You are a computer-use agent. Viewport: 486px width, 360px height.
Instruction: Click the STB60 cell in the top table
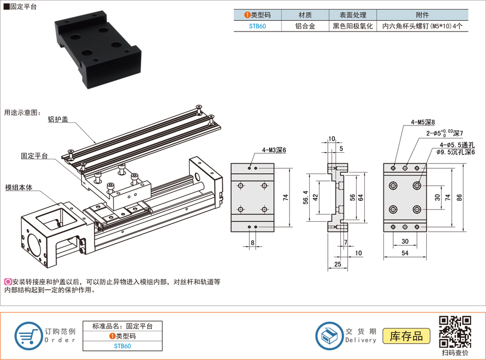tap(257, 26)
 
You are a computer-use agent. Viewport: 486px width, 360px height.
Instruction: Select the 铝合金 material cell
tap(305, 26)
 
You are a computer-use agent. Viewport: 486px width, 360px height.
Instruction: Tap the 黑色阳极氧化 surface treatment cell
tap(352, 26)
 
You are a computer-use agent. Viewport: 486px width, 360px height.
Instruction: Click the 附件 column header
tap(422, 15)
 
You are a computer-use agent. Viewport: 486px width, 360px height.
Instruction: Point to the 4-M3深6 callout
tap(274, 150)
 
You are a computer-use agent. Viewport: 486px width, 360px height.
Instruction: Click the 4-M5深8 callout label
tap(423, 122)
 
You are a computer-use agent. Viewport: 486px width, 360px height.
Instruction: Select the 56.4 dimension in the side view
tap(306, 198)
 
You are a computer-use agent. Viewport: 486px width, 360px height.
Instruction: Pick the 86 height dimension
tap(459, 198)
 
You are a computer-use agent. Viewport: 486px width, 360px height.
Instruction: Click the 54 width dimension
tap(405, 253)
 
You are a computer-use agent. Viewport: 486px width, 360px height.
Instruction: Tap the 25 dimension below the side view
tap(338, 264)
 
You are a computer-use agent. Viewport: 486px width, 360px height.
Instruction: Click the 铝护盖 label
tap(58, 120)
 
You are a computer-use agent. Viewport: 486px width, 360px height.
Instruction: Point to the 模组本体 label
tap(19, 187)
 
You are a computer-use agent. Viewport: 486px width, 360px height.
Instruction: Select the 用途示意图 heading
tap(22, 113)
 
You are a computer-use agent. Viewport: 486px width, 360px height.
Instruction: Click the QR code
tap(455, 332)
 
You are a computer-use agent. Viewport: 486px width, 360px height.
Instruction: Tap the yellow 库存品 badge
tap(406, 336)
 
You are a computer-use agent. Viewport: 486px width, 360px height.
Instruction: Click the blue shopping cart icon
tap(28, 336)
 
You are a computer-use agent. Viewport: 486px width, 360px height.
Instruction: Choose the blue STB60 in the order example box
tap(122, 346)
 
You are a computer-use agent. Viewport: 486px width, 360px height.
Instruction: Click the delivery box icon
tap(330, 336)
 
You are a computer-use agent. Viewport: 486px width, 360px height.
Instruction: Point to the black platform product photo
tap(98, 50)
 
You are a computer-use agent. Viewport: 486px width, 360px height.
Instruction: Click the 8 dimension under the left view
tap(252, 242)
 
